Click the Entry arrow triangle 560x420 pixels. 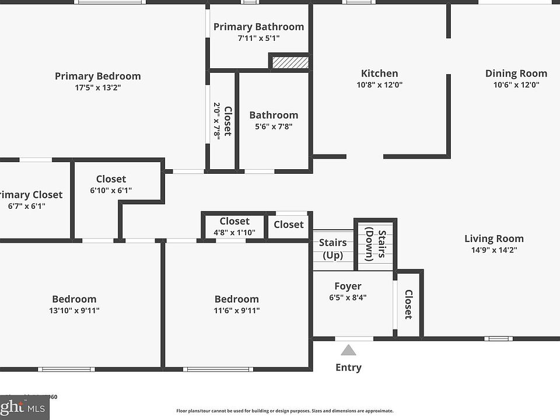click(348, 350)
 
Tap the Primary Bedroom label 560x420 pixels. click(98, 76)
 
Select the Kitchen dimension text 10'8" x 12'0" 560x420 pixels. click(379, 85)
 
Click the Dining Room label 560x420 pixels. click(516, 73)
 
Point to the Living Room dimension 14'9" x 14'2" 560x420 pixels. click(494, 250)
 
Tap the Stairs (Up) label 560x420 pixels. click(333, 249)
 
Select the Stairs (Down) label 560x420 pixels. click(376, 244)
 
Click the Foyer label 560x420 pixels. click(348, 286)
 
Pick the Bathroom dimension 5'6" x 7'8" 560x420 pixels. click(274, 126)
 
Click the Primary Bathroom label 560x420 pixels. click(258, 27)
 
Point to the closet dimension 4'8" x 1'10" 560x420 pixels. click(235, 232)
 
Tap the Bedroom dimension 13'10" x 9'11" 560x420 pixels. click(74, 310)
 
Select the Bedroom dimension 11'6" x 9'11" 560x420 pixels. click(236, 310)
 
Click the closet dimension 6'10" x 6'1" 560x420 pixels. click(111, 190)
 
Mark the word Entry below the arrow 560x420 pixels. click(348, 367)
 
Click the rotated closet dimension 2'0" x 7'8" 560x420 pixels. click(217, 121)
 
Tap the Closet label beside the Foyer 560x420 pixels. click(408, 304)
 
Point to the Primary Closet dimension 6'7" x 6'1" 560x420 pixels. click(27, 206)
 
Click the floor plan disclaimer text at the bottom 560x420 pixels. click(285, 411)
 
